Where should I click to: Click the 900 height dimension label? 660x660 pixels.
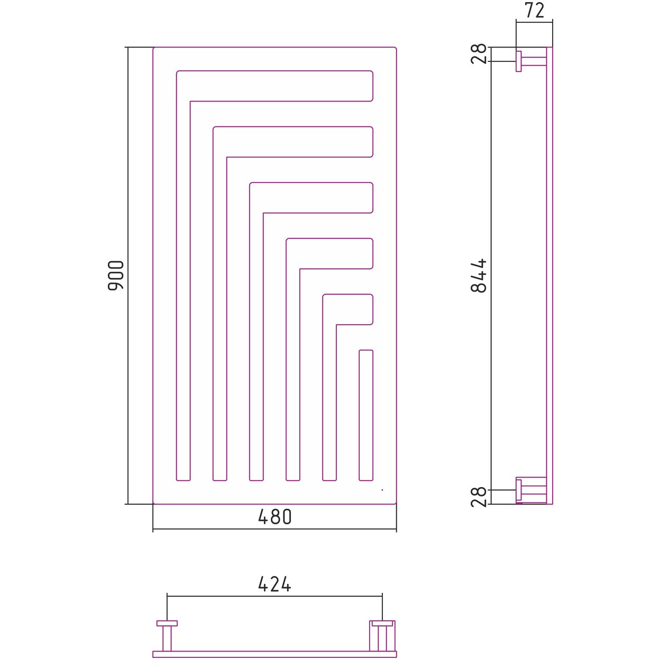(115, 276)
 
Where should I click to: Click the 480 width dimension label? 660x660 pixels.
(274, 517)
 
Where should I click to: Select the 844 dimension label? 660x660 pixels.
(479, 276)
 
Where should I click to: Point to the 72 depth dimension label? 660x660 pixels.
(535, 11)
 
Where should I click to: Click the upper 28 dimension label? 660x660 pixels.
(479, 54)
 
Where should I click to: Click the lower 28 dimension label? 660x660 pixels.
(479, 497)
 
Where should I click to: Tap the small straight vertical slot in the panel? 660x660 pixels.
(366, 415)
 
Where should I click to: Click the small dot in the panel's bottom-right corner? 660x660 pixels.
(382, 490)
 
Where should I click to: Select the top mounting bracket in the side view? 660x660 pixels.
(531, 61)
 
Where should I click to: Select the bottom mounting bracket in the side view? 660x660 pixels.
(531, 491)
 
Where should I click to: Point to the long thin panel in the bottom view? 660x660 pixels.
(274, 654)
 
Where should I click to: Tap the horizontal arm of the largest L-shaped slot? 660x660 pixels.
(281, 86)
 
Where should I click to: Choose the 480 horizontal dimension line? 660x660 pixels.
(274, 529)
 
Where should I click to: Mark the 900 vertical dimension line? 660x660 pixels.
(128, 276)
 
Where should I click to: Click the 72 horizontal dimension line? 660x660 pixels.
(534, 22)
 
